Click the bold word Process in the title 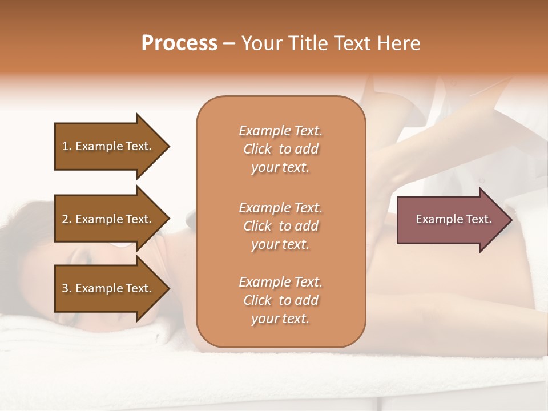tap(179, 43)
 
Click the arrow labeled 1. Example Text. tap(108, 146)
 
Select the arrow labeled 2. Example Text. tap(108, 219)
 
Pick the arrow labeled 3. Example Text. tap(108, 288)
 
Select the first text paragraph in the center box tap(280, 149)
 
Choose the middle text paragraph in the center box tap(280, 226)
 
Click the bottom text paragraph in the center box tap(280, 300)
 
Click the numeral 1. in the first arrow tap(67, 146)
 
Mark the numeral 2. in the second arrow tap(67, 219)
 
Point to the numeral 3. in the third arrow tap(67, 288)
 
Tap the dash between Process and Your tap(229, 43)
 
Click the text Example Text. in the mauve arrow tap(453, 219)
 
